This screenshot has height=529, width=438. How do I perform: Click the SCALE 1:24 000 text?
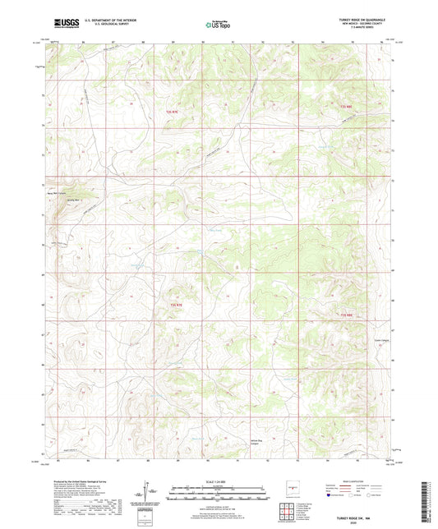click(219, 481)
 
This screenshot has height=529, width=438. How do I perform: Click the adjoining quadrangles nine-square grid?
click(287, 508)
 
